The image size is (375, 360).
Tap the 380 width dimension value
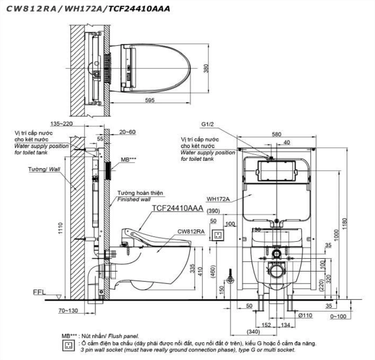click(206, 68)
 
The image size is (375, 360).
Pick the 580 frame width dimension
click(276, 135)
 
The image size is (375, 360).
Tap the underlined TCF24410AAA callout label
click(178, 208)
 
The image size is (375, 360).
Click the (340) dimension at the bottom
click(254, 332)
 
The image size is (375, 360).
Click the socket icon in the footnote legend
click(68, 344)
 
